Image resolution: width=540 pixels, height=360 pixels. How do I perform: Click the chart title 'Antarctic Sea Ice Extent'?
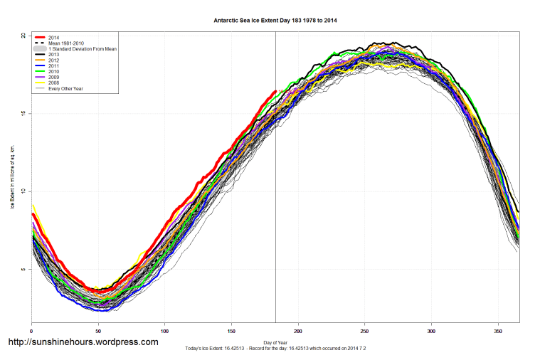coord(275,21)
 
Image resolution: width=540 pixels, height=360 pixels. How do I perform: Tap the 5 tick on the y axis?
coord(23,269)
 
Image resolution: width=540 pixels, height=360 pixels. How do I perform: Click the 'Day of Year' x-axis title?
coord(275,342)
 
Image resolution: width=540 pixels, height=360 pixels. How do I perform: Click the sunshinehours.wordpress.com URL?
coord(83,342)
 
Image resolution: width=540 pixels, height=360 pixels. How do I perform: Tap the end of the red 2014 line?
coord(275,91)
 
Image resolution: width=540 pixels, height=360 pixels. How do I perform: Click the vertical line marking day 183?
coord(276,213)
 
